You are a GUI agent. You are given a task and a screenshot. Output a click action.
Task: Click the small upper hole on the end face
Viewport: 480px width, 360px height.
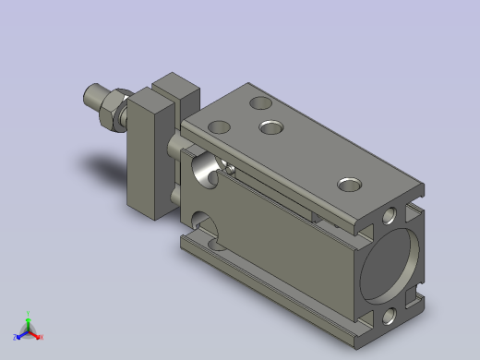click(x=390, y=216)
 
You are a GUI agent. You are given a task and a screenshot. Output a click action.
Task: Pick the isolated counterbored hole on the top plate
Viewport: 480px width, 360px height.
click(x=350, y=185)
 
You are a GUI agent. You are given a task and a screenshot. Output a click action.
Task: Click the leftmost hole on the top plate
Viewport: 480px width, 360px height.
click(x=219, y=126)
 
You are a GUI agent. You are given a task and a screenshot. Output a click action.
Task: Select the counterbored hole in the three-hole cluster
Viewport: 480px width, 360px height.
click(x=271, y=126)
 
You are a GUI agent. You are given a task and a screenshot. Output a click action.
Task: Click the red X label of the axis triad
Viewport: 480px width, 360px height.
click(x=41, y=337)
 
